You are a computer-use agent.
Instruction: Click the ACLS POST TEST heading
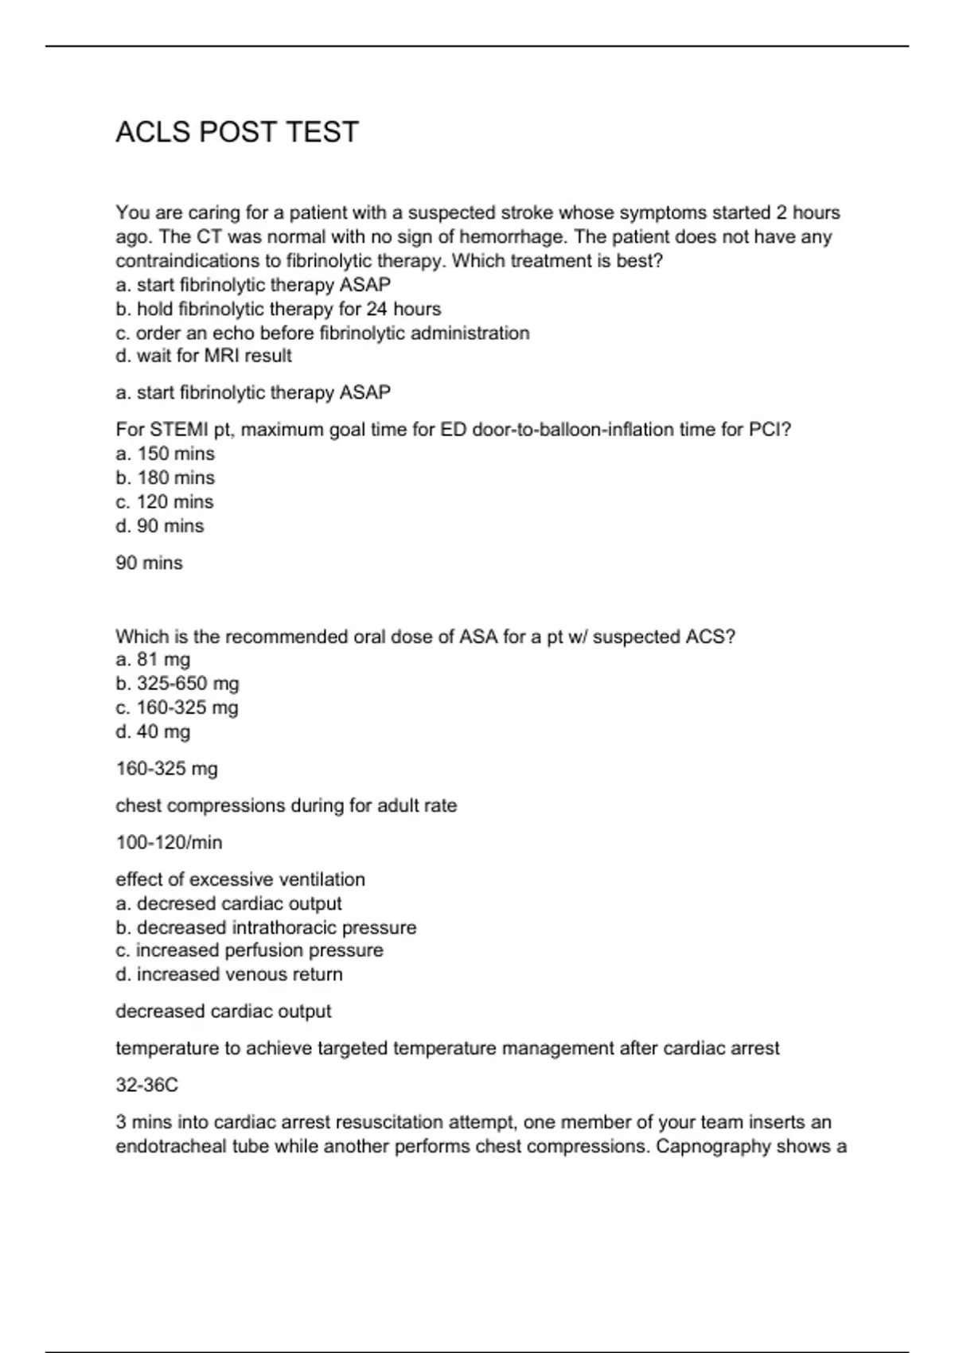(237, 132)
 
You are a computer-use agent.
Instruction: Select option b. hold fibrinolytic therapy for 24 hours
(278, 309)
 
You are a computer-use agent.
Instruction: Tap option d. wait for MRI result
(204, 356)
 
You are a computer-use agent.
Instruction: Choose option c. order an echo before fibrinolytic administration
(322, 333)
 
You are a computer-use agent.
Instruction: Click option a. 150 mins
(165, 454)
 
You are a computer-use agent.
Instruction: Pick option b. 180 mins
(165, 478)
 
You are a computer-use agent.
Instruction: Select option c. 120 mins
(165, 501)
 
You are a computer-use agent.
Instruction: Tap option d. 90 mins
(159, 526)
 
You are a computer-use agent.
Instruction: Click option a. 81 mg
(153, 659)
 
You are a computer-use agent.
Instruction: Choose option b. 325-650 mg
(177, 684)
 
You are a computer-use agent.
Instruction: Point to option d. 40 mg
(153, 731)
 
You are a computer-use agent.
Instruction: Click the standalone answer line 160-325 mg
(166, 769)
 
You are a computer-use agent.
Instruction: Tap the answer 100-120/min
(169, 842)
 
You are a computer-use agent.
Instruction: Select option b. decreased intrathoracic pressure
(266, 928)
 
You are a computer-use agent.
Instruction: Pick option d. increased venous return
(229, 974)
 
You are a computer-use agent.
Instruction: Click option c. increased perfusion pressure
(249, 950)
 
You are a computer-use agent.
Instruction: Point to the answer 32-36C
(146, 1085)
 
